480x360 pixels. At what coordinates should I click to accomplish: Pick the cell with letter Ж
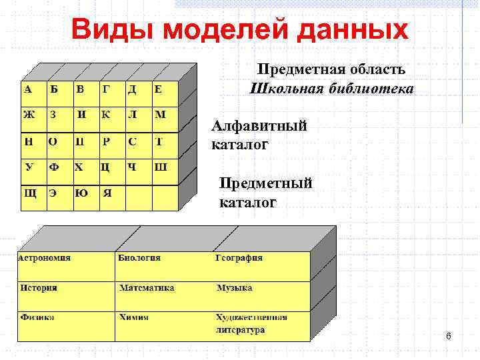point(31,116)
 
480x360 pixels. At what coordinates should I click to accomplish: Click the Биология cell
point(164,265)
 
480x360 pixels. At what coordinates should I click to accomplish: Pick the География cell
point(262,265)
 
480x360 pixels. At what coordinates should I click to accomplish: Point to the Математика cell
point(164,295)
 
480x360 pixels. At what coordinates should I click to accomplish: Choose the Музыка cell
point(262,295)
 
